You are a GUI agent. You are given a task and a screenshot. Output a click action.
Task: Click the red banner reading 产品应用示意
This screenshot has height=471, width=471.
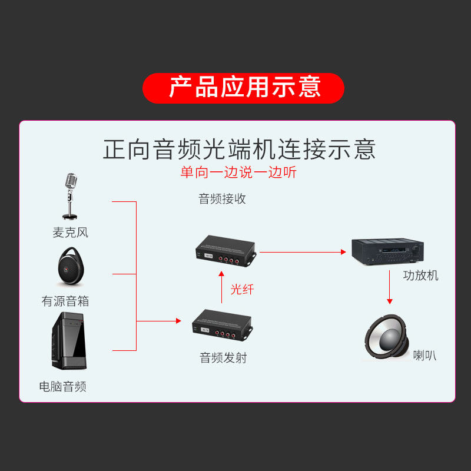[243, 88]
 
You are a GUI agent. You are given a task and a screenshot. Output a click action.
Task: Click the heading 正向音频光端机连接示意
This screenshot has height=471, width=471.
[239, 149]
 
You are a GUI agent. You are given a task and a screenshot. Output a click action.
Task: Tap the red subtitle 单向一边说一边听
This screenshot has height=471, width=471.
[238, 173]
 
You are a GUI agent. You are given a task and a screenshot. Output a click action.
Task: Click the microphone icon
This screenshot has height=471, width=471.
[71, 196]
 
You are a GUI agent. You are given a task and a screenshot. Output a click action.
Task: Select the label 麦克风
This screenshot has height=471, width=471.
[70, 233]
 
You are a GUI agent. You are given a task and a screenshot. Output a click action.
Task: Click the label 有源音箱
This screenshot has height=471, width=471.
[65, 301]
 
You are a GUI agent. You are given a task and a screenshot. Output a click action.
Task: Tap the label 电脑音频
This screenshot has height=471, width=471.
[63, 387]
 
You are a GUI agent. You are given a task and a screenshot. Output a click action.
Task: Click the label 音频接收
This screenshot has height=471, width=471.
[222, 199]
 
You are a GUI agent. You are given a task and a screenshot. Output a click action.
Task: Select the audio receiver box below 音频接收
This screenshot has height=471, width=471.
[225, 250]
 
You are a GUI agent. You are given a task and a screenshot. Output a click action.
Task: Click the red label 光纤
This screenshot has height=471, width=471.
[241, 289]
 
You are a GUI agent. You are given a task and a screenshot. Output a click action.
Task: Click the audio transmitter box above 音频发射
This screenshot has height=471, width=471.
[221, 326]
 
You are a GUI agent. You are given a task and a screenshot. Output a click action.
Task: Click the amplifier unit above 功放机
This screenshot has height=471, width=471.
[386, 250]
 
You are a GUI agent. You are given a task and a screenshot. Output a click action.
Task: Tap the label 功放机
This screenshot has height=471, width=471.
[420, 275]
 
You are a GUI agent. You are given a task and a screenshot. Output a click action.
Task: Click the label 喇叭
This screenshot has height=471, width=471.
[424, 355]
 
